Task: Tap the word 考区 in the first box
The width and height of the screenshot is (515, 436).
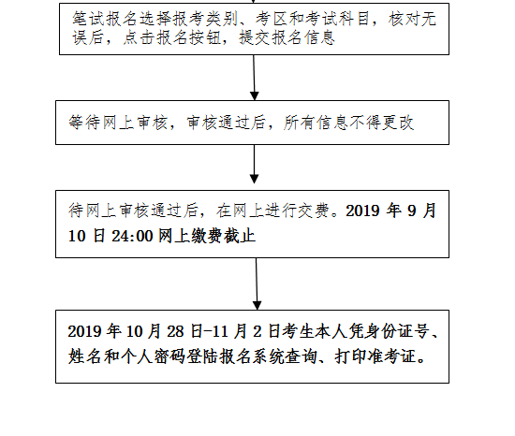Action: pos(272,19)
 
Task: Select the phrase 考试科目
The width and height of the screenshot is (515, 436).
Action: pos(339,19)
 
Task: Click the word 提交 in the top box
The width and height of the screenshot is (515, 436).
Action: pos(256,37)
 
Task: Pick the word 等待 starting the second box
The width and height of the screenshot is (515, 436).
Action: pos(85,123)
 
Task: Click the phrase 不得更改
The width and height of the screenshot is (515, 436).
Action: pos(382,123)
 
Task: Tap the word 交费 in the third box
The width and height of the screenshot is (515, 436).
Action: pos(314,211)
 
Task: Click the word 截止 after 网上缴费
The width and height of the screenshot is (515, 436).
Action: pos(240,236)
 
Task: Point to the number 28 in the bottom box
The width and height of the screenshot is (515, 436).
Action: pos(175,331)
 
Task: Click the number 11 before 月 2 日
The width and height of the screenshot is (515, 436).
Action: pos(220,331)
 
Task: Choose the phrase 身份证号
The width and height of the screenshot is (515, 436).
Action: pos(397,331)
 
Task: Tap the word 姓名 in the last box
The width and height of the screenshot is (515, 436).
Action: pos(84,356)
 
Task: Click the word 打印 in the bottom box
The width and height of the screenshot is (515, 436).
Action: pos(351,356)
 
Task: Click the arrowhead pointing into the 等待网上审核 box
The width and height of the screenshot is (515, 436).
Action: pos(255,96)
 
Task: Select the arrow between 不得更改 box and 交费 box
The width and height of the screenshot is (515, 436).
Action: pos(254,164)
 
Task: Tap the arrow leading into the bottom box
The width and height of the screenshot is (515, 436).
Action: pos(257,283)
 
